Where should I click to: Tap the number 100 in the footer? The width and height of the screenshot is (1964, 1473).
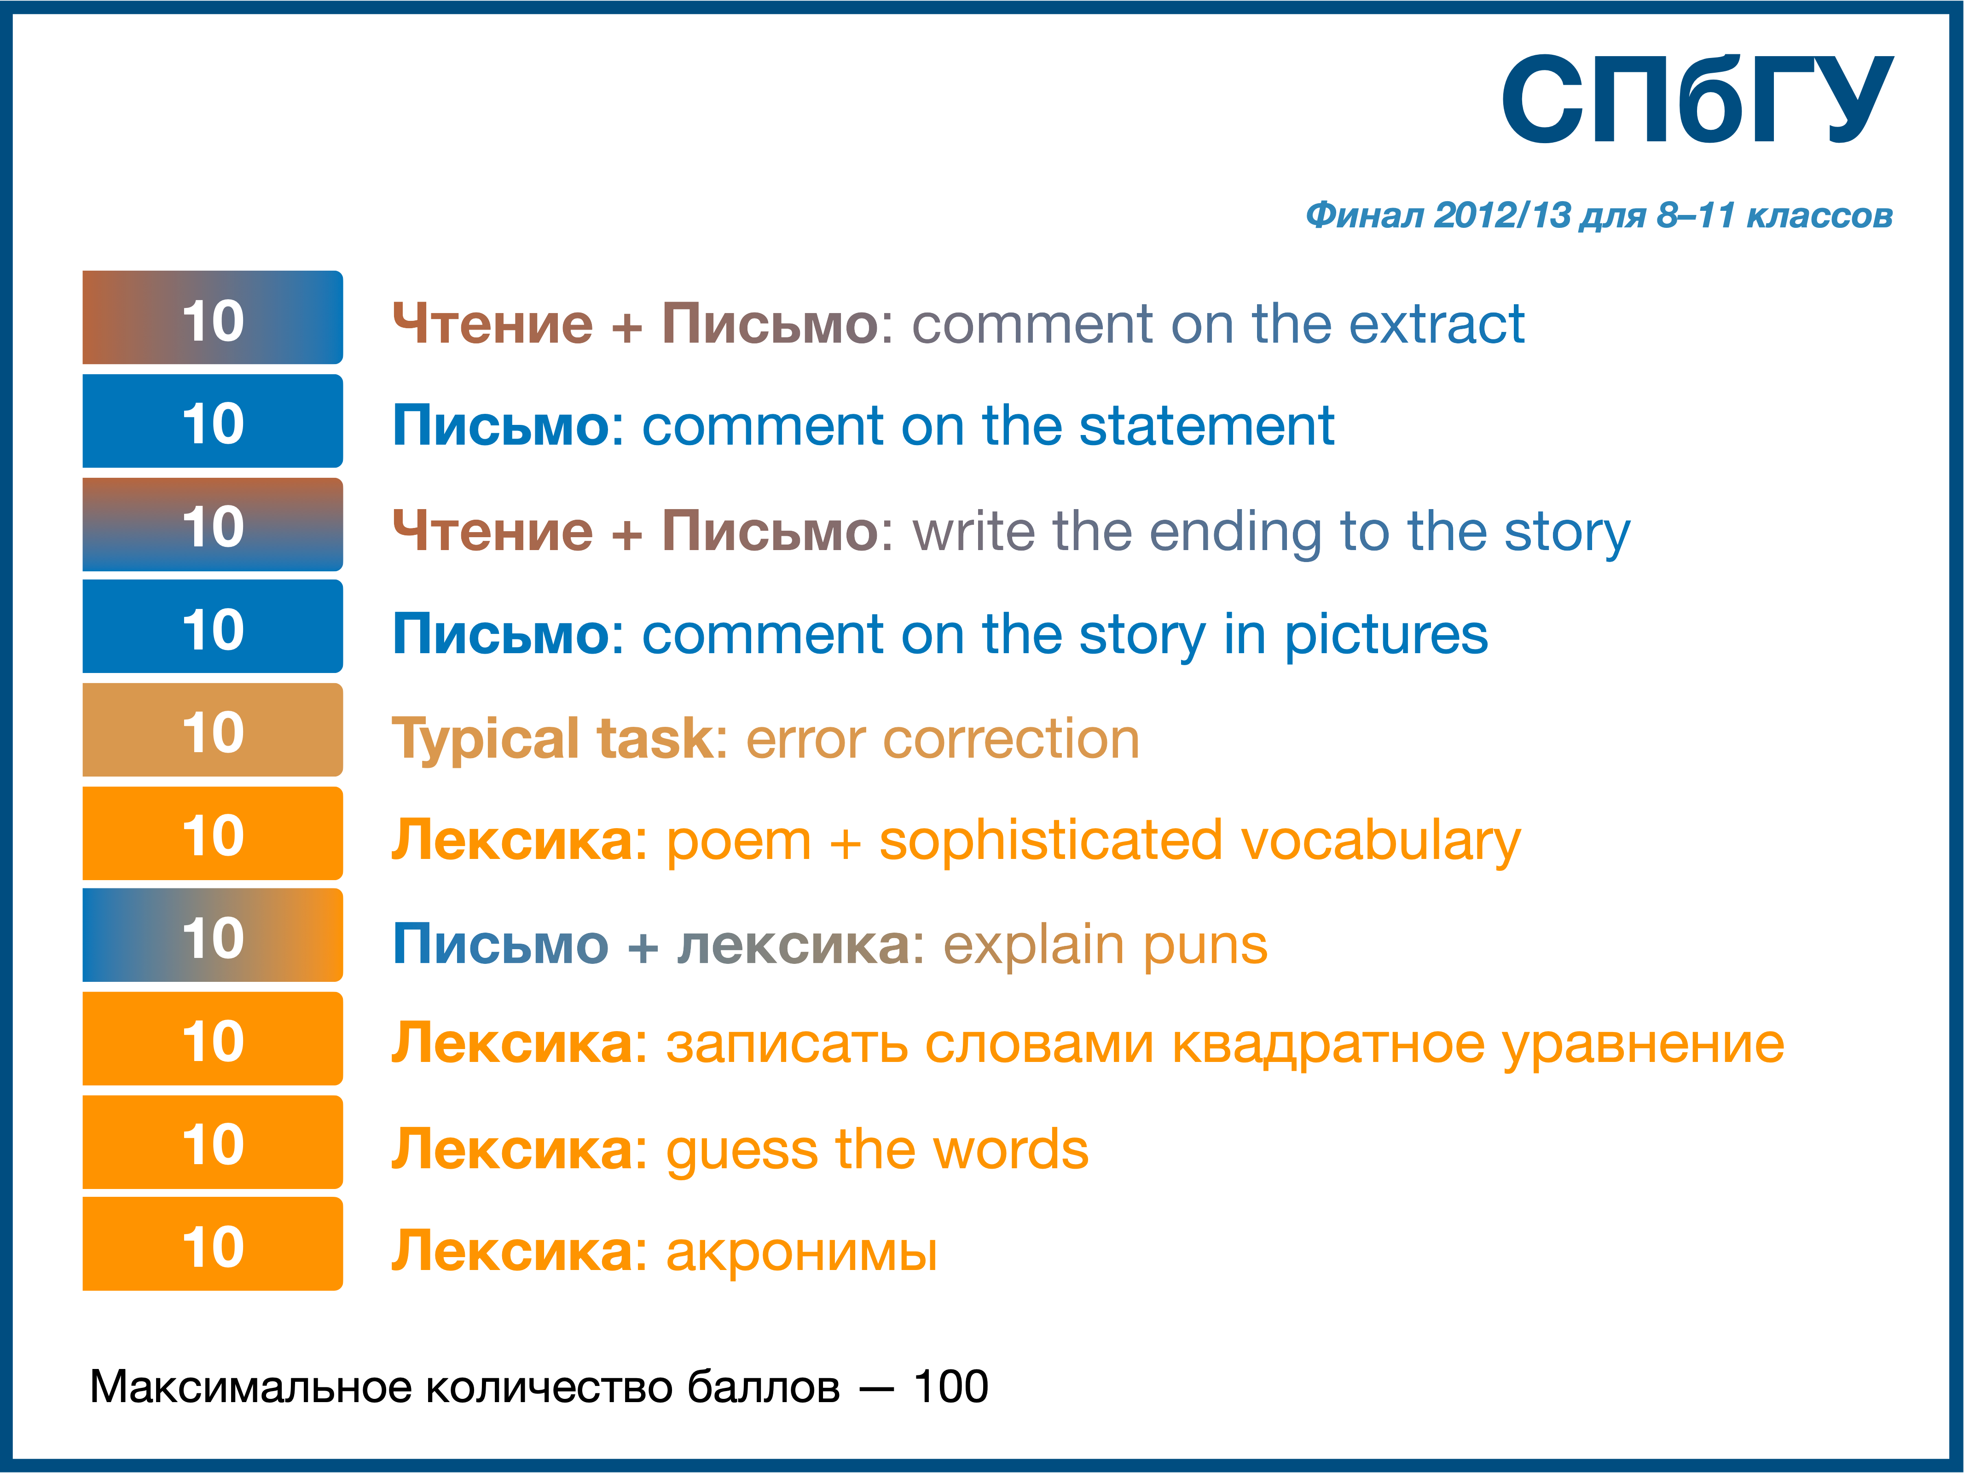pyautogui.click(x=951, y=1387)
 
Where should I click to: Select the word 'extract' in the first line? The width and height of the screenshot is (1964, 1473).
pyautogui.click(x=1437, y=324)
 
